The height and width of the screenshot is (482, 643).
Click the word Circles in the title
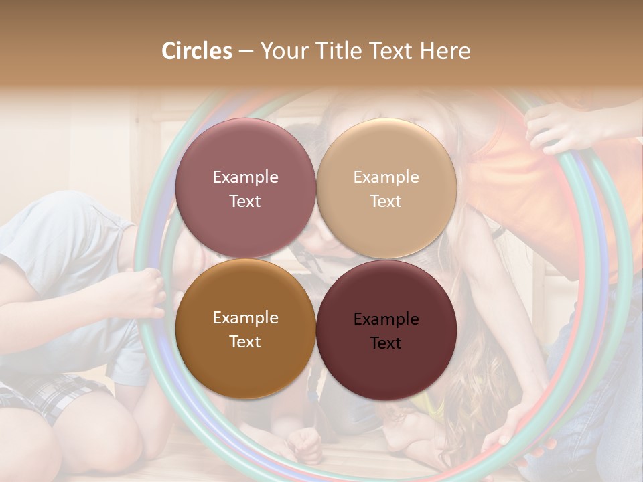coord(197,51)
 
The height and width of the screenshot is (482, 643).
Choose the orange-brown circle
coord(245,329)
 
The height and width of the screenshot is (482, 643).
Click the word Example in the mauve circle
coord(245,177)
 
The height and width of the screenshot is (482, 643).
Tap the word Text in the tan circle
coord(386,202)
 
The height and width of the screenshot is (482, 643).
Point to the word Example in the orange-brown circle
coord(245,318)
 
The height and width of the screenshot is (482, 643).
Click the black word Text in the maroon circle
coord(386,343)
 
